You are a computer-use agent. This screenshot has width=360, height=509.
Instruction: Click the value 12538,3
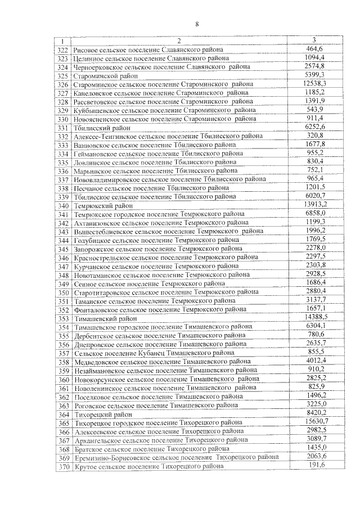coord(314,83)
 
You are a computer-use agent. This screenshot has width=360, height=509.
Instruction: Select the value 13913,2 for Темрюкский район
coord(315,205)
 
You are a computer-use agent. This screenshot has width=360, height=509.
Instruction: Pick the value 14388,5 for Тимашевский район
coord(316,317)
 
